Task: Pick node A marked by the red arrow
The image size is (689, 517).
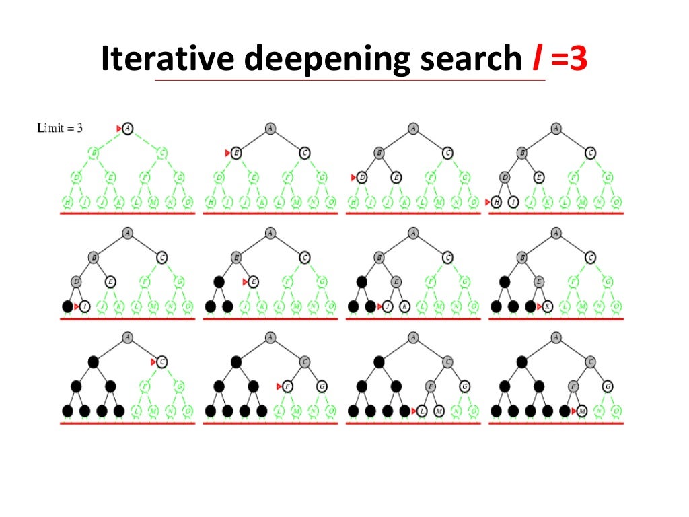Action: coord(128,128)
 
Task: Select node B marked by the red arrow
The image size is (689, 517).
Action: coord(236,153)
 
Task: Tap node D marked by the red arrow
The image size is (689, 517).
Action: coord(362,178)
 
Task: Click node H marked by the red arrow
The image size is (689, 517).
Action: coord(496,202)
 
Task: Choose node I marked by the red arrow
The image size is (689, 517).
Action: coord(85,307)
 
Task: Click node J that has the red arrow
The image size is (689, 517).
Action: coord(388,307)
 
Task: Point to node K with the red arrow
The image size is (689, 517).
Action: coord(548,307)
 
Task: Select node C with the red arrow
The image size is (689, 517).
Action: coord(162,361)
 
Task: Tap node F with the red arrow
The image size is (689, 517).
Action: coord(288,386)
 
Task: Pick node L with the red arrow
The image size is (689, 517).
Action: coord(422,411)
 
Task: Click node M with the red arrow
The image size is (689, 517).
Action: coord(582,411)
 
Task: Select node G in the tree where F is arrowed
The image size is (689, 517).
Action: coord(322,386)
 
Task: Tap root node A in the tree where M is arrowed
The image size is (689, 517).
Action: coord(556,337)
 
